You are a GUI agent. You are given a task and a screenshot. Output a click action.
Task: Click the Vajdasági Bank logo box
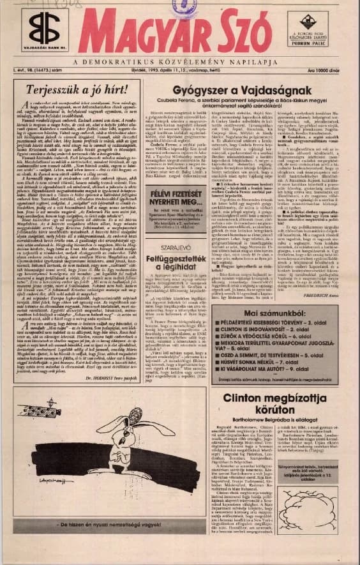[41, 32]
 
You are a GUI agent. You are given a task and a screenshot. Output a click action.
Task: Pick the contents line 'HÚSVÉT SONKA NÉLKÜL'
[261, 361]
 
